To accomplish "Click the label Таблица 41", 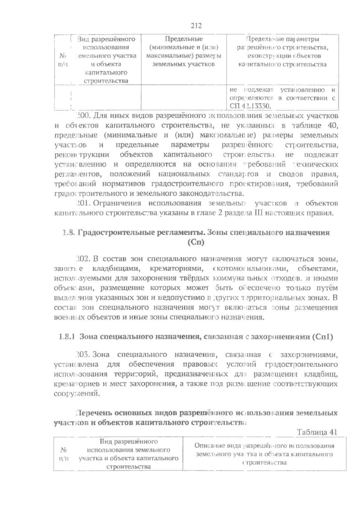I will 317,432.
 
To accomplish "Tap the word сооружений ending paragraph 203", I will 76,393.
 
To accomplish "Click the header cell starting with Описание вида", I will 264,454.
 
